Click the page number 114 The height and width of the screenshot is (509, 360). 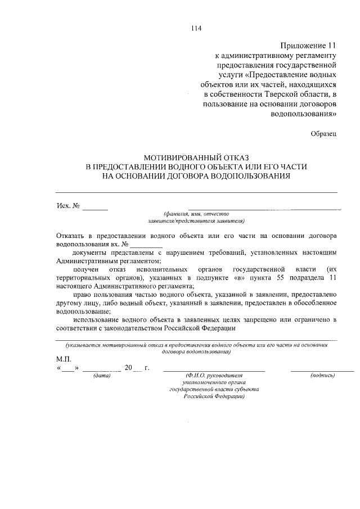click(196, 28)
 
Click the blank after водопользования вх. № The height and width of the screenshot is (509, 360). click(147, 246)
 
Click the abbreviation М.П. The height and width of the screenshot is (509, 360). click(63, 358)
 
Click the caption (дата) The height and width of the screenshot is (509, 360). click(102, 376)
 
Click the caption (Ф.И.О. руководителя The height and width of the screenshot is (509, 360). click(214, 376)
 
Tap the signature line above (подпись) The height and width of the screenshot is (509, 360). click(322, 371)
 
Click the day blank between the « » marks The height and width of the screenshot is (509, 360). click(67, 370)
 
